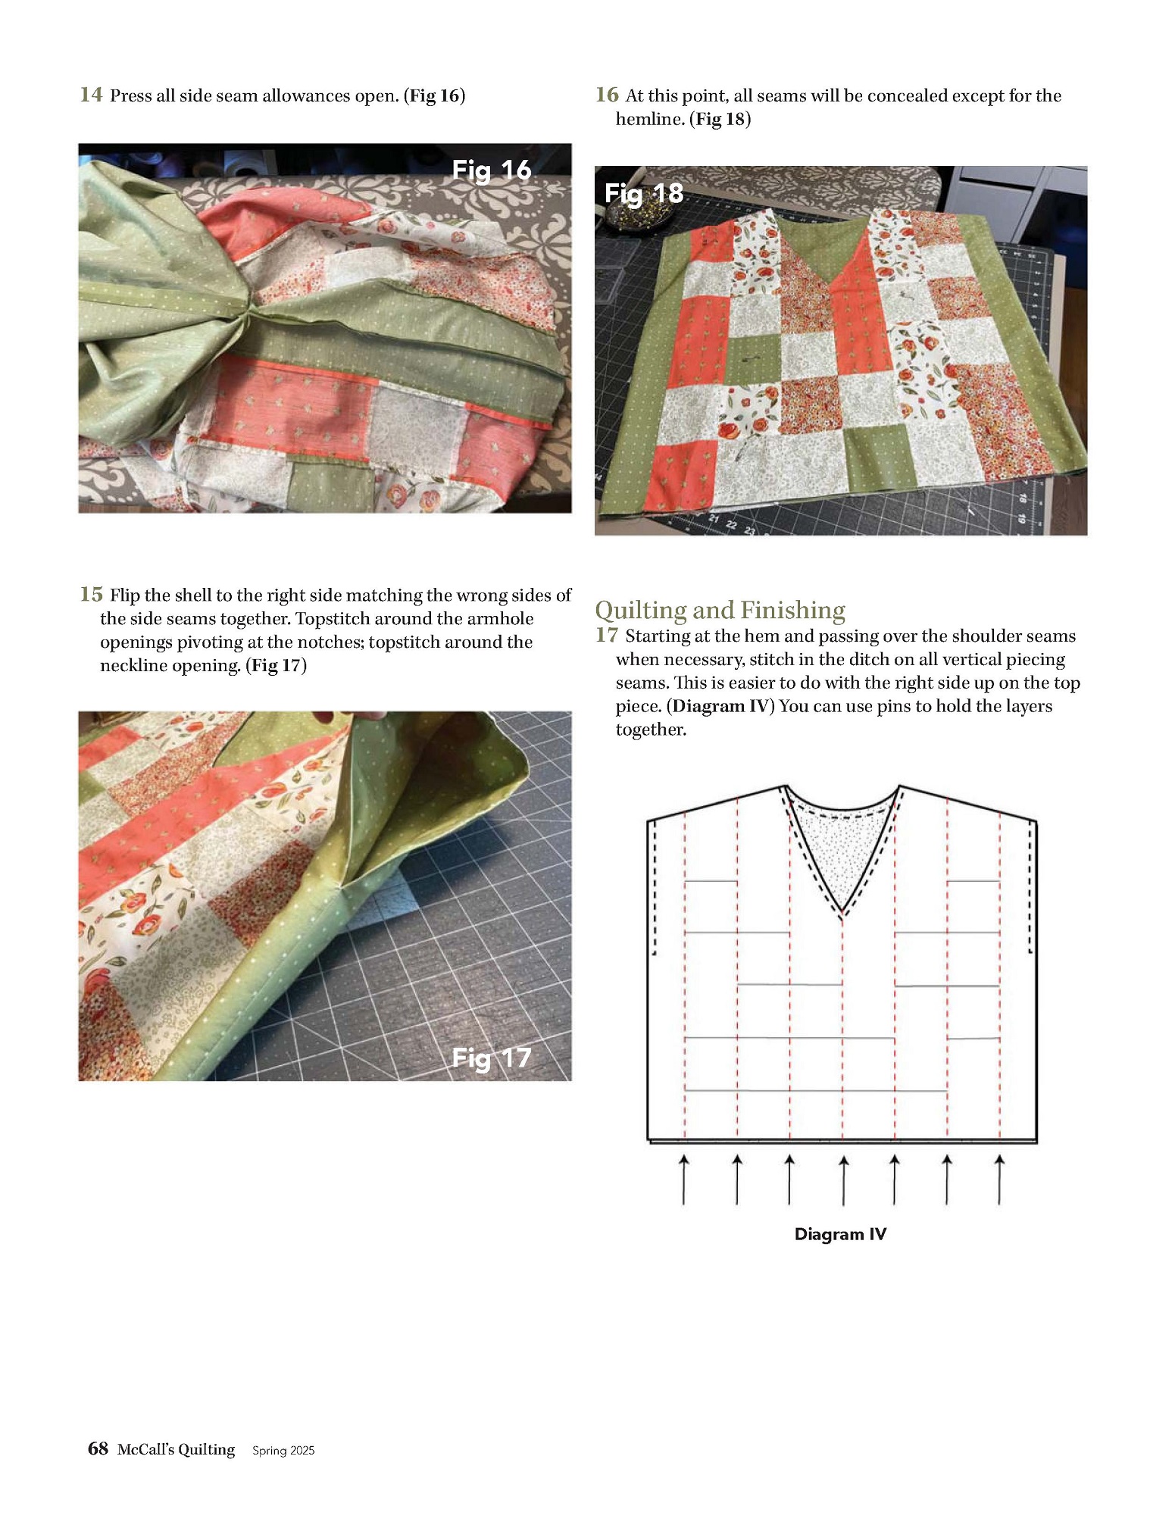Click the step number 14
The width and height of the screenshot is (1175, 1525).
pyautogui.click(x=91, y=95)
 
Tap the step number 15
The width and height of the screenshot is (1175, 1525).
pyautogui.click(x=91, y=594)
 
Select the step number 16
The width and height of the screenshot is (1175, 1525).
pyautogui.click(x=607, y=95)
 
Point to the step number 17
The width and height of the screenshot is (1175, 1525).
pyautogui.click(x=607, y=635)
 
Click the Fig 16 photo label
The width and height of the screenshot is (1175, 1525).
pyautogui.click(x=492, y=170)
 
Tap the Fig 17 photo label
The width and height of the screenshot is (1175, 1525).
pyautogui.click(x=492, y=1058)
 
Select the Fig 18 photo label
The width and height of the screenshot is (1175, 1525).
pyautogui.click(x=644, y=194)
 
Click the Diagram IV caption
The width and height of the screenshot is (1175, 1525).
pyautogui.click(x=840, y=1234)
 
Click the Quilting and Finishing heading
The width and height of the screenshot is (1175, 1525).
pyautogui.click(x=720, y=610)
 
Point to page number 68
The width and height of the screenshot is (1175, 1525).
pyautogui.click(x=98, y=1448)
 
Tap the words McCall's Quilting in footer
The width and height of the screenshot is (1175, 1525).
pyautogui.click(x=176, y=1449)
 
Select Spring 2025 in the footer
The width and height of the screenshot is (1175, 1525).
pyautogui.click(x=283, y=1450)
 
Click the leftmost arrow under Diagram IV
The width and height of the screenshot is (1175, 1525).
pyautogui.click(x=684, y=1180)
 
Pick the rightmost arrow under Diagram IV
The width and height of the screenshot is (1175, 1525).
pyautogui.click(x=1000, y=1180)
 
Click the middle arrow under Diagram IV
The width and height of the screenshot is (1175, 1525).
pyautogui.click(x=843, y=1180)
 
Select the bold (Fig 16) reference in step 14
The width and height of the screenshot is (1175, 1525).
pyautogui.click(x=435, y=95)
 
